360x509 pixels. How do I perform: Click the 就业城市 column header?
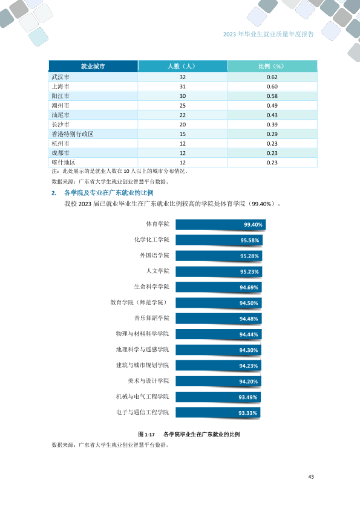93,66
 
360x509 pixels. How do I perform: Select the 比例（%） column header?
272,66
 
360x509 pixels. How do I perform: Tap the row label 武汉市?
61,77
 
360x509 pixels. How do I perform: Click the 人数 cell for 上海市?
183,86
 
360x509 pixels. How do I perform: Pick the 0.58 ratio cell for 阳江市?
272,96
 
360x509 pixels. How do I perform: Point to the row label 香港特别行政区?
73,134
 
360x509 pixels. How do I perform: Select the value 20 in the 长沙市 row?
183,125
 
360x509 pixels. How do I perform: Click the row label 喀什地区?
64,162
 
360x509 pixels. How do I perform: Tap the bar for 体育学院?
221,225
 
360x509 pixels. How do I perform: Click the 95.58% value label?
250,241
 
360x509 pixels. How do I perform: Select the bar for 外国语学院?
218,256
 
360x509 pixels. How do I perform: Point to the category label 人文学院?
157,271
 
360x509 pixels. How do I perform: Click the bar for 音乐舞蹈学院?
218,319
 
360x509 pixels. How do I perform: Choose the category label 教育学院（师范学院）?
139,302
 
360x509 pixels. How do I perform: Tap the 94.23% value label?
249,366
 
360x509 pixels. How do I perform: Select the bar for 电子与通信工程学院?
218,413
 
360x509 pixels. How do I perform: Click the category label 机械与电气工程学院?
142,397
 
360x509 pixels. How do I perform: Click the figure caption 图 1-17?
146,434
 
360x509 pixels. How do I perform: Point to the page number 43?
311,477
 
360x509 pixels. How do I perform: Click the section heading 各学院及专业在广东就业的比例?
109,193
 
